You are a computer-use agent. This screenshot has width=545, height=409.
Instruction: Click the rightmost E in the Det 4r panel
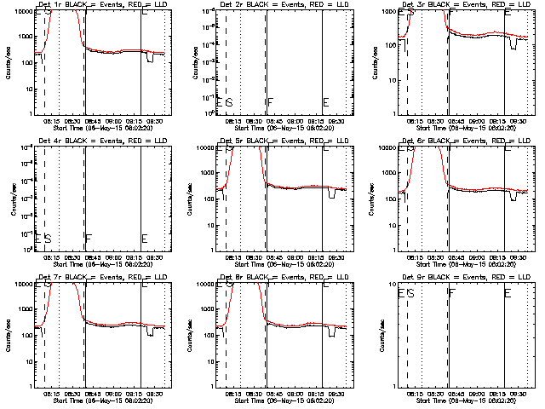pyautogui.click(x=144, y=239)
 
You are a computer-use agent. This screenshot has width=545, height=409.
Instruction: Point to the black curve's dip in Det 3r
pyautogui.click(x=513, y=43)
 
